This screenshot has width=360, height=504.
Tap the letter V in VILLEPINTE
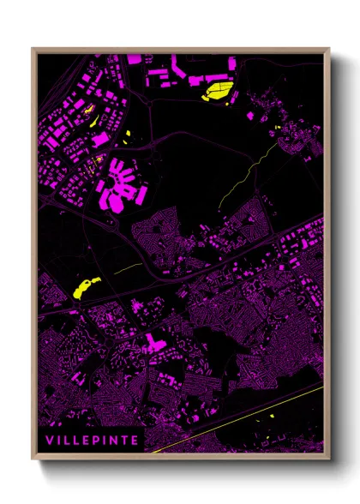[x=51, y=441]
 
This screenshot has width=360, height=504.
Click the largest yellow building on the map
[x=219, y=89]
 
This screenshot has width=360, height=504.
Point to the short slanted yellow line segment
[x=128, y=269]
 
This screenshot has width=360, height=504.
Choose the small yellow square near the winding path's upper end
[x=279, y=129]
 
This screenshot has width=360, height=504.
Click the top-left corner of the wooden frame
[x=33, y=49]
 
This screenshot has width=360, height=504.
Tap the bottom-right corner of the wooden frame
[x=329, y=459]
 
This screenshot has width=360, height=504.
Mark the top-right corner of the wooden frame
[x=329, y=49]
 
